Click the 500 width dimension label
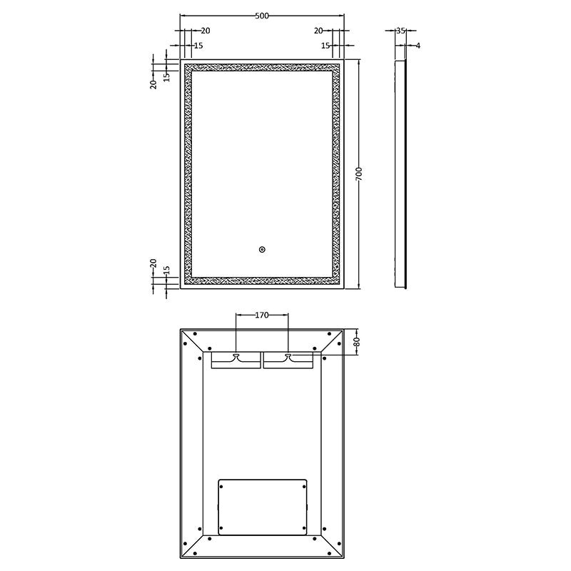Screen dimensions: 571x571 (x=262, y=16)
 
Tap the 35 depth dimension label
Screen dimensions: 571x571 (x=400, y=31)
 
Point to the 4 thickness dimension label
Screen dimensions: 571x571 (x=418, y=46)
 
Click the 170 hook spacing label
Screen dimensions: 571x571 (x=262, y=315)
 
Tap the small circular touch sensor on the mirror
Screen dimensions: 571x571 (x=262, y=250)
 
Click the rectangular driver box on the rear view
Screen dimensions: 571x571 (x=262, y=507)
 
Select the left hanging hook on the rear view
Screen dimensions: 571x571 (x=236, y=356)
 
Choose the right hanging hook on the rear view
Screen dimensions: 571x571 (x=288, y=356)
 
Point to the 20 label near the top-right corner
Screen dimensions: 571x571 (x=318, y=31)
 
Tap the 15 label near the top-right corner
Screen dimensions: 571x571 (x=325, y=46)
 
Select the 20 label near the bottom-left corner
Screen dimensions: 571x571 (x=153, y=263)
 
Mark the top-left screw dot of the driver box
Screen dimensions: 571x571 (x=221, y=486)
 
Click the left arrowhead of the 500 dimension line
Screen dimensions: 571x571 (x=183, y=16)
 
